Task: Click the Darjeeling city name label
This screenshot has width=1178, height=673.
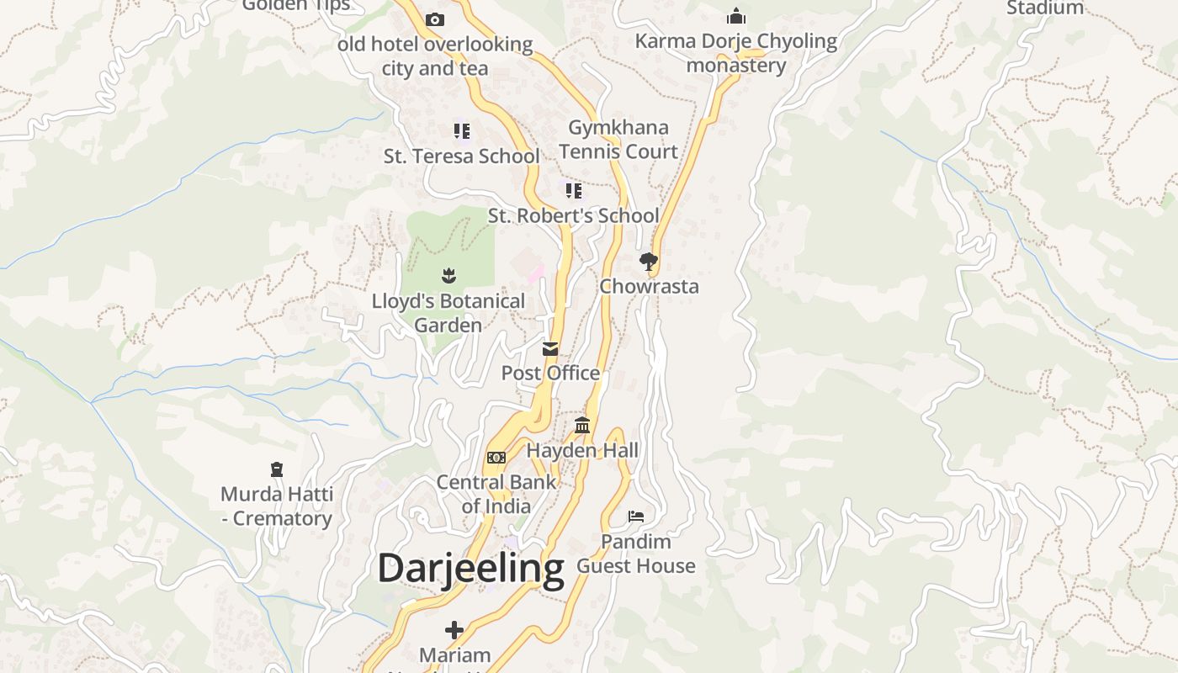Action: coord(470,569)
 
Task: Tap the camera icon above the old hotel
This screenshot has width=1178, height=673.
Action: coord(435,19)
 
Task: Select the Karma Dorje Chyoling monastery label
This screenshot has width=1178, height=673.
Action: coord(736,53)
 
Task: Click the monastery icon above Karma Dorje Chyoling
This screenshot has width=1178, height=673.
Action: coord(736,16)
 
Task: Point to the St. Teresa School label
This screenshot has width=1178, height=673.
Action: coord(461,156)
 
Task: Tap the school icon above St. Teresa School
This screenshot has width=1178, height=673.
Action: coord(461,130)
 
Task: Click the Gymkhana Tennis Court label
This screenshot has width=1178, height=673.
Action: coord(618,140)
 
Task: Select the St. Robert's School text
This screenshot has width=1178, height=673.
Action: coord(574,216)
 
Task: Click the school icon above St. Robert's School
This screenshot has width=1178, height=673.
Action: coord(574,191)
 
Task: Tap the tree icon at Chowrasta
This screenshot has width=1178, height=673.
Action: coord(648,262)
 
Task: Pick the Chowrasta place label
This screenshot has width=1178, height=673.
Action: coord(649,287)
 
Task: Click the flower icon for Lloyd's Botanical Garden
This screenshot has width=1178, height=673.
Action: coord(448,275)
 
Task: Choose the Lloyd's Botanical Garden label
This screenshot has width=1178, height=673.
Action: coord(448,313)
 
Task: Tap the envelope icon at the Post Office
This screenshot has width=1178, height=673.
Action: coord(550,348)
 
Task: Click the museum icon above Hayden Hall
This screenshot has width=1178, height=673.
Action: coord(582,425)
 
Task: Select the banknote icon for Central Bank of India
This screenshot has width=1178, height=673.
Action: coord(496,458)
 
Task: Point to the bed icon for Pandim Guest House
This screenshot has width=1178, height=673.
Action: coord(636,516)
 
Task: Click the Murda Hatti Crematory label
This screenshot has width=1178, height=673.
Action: coord(277,506)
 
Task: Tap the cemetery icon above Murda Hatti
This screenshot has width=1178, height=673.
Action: coord(277,469)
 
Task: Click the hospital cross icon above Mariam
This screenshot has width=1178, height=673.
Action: coord(454,629)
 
